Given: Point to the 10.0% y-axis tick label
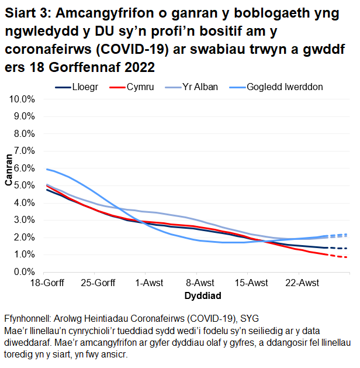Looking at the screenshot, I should pos(23,99).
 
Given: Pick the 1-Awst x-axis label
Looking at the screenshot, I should pos(147,284).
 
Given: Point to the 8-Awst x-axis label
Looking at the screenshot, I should pos(197,284).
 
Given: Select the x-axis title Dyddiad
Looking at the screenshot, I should pos(197,295).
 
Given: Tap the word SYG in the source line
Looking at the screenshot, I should pos(230,319).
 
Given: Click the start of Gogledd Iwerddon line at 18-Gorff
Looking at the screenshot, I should pos(46,169).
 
